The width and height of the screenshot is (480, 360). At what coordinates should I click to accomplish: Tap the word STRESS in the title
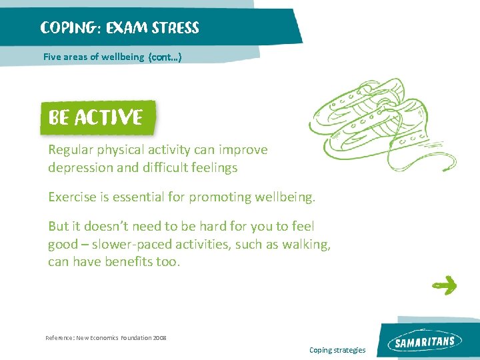(x=175, y=28)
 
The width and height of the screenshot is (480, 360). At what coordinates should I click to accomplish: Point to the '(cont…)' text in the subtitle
(x=165, y=57)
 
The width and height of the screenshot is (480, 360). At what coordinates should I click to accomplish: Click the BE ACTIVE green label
(x=95, y=118)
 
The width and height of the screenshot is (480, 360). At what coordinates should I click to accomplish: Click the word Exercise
(x=73, y=197)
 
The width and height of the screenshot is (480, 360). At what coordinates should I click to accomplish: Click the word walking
(x=308, y=245)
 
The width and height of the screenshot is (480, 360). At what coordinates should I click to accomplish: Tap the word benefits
(x=129, y=262)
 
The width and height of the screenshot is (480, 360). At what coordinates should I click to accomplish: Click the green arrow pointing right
(x=444, y=286)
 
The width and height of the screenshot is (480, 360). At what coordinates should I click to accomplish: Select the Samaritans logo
(x=425, y=342)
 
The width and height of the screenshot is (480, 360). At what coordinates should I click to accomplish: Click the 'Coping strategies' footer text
(x=337, y=350)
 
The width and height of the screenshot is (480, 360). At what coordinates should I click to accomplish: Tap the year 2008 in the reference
(x=159, y=338)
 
